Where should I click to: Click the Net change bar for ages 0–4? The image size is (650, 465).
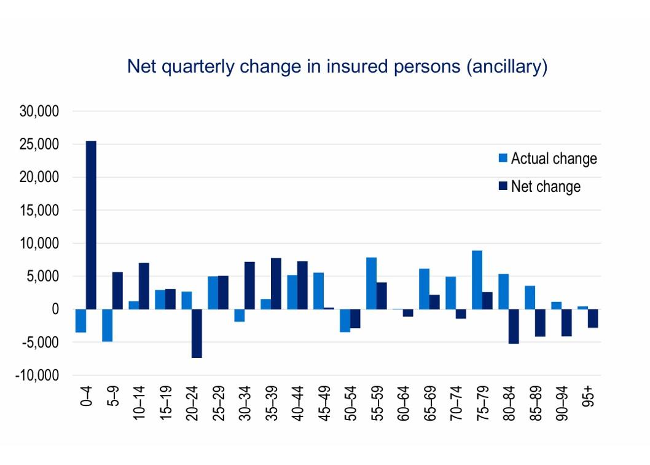pyautogui.click(x=91, y=225)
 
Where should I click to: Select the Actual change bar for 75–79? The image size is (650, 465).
pyautogui.click(x=477, y=280)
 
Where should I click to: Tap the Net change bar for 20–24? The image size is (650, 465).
pyautogui.click(x=197, y=333)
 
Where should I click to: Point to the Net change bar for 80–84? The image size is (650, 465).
pyautogui.click(x=514, y=326)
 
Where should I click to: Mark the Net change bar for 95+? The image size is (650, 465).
pyautogui.click(x=593, y=318)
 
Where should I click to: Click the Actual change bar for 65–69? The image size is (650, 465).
pyautogui.click(x=424, y=288)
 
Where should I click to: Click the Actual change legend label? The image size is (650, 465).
pyautogui.click(x=554, y=159)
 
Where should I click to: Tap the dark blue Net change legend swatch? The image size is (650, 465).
pyautogui.click(x=503, y=186)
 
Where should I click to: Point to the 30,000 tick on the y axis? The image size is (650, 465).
pyautogui.click(x=39, y=111)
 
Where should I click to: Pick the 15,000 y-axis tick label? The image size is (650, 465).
pyautogui.click(x=39, y=210)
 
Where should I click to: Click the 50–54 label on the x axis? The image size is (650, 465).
pyautogui.click(x=351, y=405)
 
